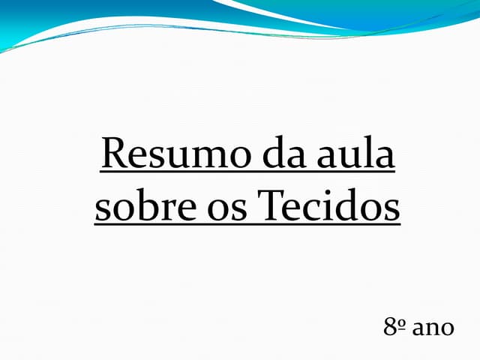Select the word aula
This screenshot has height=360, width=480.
point(355,154)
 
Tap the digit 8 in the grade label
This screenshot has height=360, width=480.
point(391,328)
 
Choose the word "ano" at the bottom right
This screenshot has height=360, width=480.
point(433,329)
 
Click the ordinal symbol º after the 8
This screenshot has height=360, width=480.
point(402,324)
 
